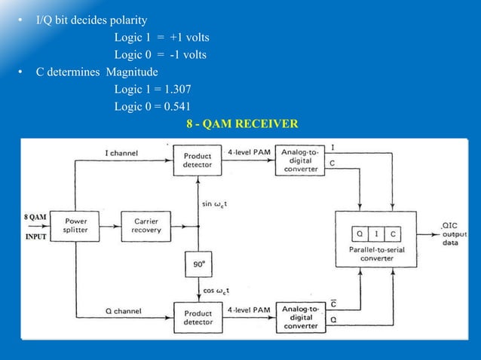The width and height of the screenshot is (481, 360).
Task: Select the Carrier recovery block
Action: tap(146, 227)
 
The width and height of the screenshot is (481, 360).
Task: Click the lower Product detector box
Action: tap(198, 317)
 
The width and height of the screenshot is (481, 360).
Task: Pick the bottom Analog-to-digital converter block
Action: tap(299, 317)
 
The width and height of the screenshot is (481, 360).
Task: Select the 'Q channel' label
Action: tap(123, 310)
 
